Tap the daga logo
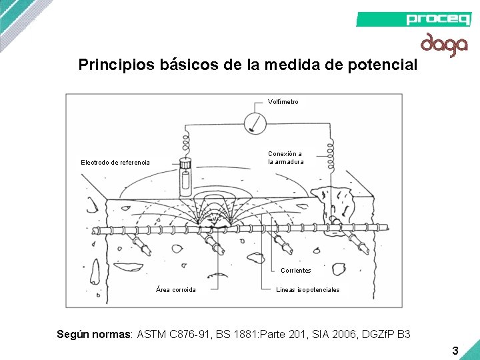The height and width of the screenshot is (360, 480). [x=443, y=44]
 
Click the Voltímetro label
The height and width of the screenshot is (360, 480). [x=283, y=102]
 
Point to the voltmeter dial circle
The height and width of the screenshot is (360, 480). [x=255, y=123]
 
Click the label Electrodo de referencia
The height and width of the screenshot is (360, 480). [x=115, y=162]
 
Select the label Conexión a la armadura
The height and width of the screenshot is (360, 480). [x=285, y=158]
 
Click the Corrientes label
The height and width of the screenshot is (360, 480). [x=295, y=271]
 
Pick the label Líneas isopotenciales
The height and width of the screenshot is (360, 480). [x=307, y=290]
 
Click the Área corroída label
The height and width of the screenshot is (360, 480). [x=175, y=290]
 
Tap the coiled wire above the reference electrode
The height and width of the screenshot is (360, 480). [x=185, y=144]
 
